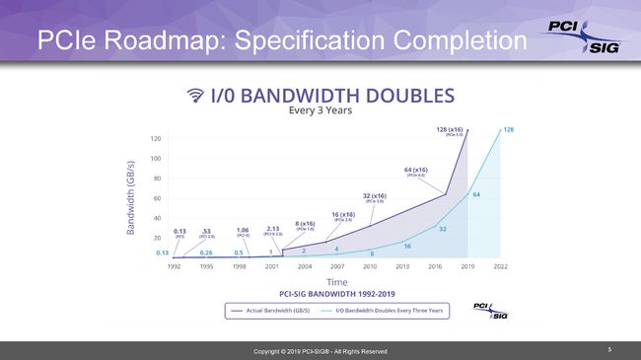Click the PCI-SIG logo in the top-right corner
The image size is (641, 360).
point(584,37)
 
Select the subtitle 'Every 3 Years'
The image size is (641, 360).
point(320,110)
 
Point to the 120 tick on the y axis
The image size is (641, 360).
point(156,138)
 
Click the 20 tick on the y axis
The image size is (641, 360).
point(156,239)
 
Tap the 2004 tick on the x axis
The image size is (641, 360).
point(306,266)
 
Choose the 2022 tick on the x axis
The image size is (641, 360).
point(501,266)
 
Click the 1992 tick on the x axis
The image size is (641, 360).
point(175,266)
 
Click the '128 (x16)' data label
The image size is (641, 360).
point(452,129)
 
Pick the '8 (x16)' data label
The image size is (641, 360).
point(306,223)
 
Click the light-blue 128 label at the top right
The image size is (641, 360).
point(508,129)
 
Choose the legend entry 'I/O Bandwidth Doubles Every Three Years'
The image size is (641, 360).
point(390,310)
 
